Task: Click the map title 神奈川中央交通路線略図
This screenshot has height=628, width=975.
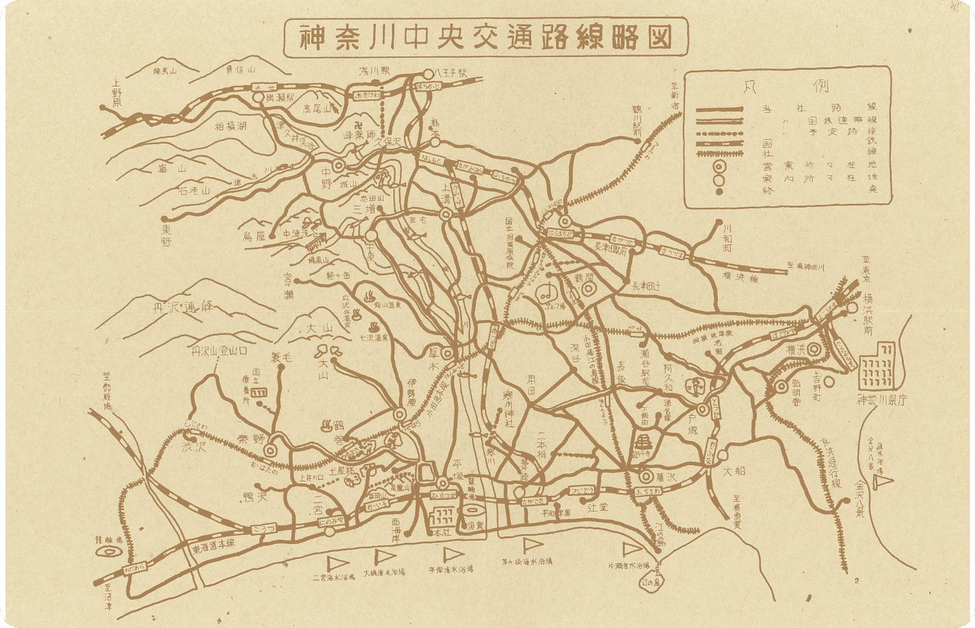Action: tap(486, 38)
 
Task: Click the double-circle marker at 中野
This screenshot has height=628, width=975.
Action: tap(338, 165)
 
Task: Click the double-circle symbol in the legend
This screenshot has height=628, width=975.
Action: tap(719, 167)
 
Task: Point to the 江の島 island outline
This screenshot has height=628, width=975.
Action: tap(654, 582)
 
